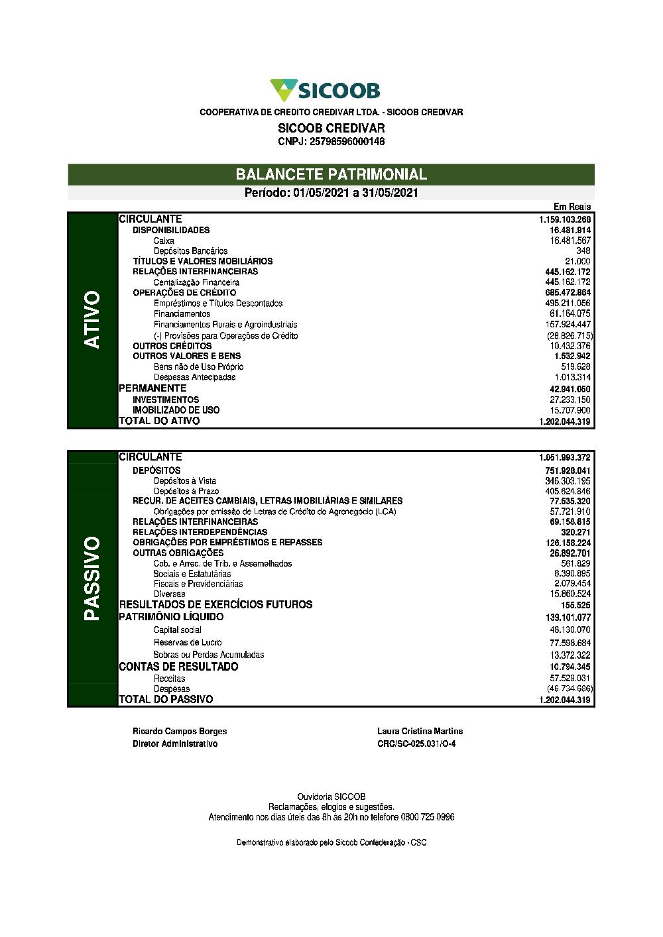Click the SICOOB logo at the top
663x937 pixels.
click(x=325, y=90)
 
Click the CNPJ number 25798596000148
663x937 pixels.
click(x=347, y=141)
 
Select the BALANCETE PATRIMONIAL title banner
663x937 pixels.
click(x=331, y=174)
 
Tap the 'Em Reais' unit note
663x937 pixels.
click(x=572, y=207)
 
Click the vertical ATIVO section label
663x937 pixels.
click(x=92, y=319)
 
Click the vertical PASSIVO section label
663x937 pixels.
click(x=92, y=578)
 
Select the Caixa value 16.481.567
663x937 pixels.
click(x=570, y=241)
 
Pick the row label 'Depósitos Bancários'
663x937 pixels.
click(x=190, y=251)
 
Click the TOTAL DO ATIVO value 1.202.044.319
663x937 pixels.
click(x=564, y=421)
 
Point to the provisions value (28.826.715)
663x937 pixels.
click(x=570, y=336)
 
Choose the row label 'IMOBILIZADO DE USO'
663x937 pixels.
click(x=176, y=410)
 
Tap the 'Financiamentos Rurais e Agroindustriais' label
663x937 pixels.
click(x=225, y=325)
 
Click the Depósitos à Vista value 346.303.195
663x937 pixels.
click(x=568, y=481)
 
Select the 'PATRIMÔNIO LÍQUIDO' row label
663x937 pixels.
click(x=171, y=617)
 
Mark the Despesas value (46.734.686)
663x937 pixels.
click(x=570, y=689)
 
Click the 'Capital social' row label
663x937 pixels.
click(x=177, y=630)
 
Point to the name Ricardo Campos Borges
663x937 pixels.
click(x=180, y=731)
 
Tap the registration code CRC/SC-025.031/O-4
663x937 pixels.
click(x=416, y=744)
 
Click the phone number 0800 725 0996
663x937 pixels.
click(x=428, y=817)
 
